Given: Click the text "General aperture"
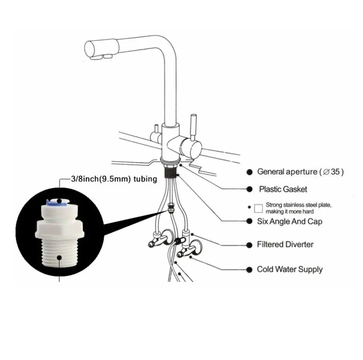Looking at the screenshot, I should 287,172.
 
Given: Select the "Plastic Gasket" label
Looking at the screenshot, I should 283,189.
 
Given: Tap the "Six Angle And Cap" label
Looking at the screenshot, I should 290,222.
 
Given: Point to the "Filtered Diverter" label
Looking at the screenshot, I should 285,245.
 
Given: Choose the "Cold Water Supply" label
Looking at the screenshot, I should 290,270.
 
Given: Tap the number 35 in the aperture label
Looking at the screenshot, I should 335,172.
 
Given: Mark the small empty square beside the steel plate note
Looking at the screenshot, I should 259,208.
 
